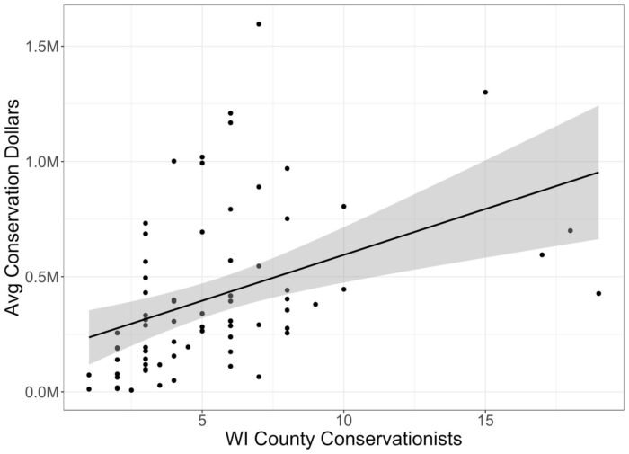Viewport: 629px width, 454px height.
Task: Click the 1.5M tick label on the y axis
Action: click(40, 46)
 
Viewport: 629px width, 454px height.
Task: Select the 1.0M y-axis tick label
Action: click(40, 162)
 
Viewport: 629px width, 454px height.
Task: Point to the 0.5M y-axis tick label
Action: click(40, 277)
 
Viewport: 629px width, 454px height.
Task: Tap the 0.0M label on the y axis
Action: click(40, 393)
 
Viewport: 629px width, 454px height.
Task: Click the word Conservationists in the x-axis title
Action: click(380, 441)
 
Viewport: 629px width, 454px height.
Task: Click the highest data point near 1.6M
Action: click(259, 24)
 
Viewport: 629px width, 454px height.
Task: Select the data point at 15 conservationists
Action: click(485, 92)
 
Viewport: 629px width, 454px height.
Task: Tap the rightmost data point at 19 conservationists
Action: click(598, 293)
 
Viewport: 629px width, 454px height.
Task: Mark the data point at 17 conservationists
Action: click(542, 254)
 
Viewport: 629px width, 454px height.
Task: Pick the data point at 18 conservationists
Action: click(571, 231)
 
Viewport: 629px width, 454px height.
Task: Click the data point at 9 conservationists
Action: click(315, 304)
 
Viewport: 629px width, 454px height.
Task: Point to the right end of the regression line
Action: click(598, 172)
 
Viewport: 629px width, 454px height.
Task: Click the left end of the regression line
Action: click(89, 337)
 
